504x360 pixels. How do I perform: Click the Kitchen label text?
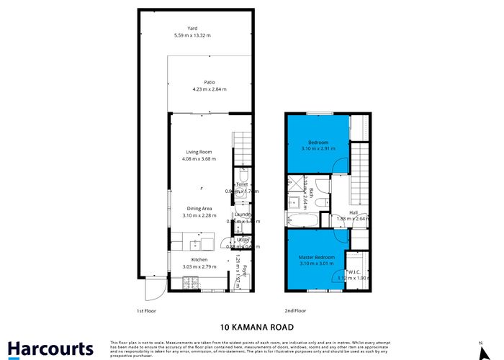pyautogui.click(x=199, y=259)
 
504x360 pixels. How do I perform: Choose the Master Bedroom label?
pyautogui.click(x=317, y=256)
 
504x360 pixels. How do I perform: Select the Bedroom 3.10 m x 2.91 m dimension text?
pyautogui.click(x=318, y=149)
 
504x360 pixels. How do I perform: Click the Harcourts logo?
pyautogui.click(x=48, y=348)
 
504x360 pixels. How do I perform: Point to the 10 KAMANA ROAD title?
pyautogui.click(x=251, y=325)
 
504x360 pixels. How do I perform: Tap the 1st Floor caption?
pyautogui.click(x=146, y=310)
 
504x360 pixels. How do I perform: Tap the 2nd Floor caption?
pyautogui.click(x=296, y=310)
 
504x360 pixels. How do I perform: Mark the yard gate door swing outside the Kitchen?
pyautogui.click(x=153, y=290)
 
